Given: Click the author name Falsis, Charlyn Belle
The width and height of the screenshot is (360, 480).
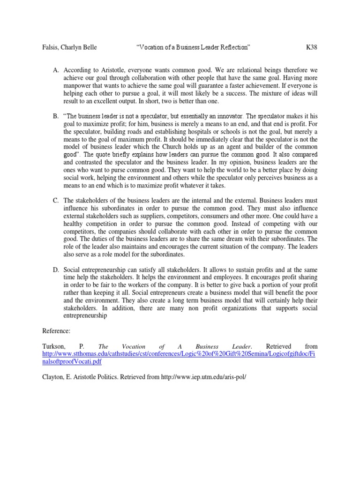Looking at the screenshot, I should click(73, 47).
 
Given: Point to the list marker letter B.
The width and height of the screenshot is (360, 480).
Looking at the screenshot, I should click(56, 116).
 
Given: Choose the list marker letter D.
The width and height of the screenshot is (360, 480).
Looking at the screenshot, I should click(56, 271).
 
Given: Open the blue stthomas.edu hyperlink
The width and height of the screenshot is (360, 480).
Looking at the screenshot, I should click(178, 354).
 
